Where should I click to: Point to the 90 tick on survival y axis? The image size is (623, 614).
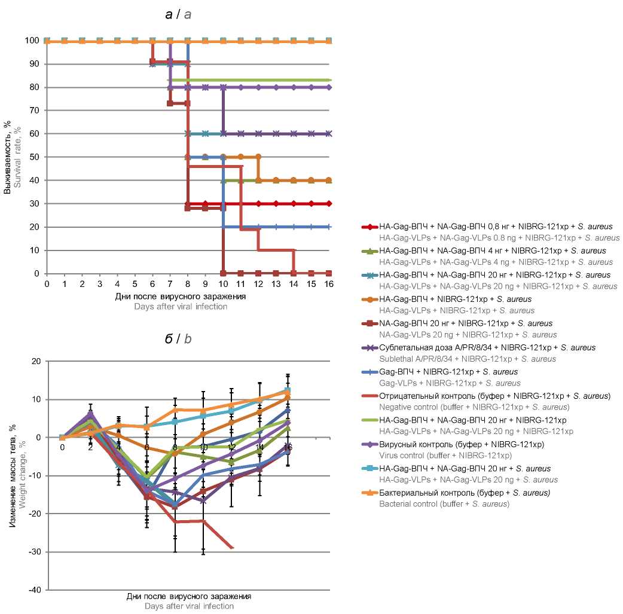(x=36, y=64)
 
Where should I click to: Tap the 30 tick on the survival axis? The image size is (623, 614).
(x=36, y=204)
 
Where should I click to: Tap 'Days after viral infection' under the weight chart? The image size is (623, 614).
(x=188, y=606)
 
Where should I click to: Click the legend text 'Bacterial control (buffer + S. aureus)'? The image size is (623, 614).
(x=444, y=504)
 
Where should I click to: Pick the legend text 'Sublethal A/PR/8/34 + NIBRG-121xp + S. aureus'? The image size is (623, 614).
(x=468, y=359)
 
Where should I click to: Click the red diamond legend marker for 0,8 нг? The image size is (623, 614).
(x=370, y=227)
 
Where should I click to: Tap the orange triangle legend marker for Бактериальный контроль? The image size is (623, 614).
(x=370, y=493)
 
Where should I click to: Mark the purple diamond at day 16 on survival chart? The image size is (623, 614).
(x=329, y=87)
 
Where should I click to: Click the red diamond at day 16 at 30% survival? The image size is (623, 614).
(x=329, y=204)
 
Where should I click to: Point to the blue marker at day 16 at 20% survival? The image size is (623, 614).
(x=329, y=227)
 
